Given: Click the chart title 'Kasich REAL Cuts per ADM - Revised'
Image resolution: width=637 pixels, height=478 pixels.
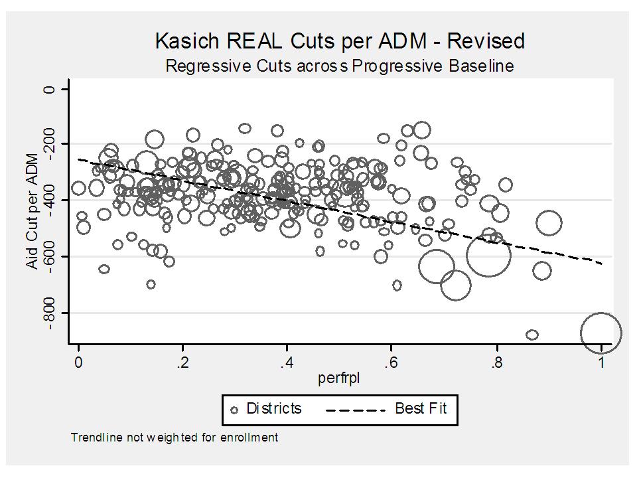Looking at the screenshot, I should pyautogui.click(x=340, y=41).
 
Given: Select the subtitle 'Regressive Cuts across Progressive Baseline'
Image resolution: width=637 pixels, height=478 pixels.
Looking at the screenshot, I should pyautogui.click(x=340, y=66).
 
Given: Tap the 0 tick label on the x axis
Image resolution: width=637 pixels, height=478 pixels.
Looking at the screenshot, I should pyautogui.click(x=78, y=362).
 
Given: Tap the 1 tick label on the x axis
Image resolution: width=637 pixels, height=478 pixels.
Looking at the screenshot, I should pyautogui.click(x=601, y=362).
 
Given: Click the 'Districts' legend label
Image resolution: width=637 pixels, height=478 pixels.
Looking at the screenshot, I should pyautogui.click(x=273, y=408).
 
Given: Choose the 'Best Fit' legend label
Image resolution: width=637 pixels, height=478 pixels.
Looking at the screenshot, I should pyautogui.click(x=421, y=408).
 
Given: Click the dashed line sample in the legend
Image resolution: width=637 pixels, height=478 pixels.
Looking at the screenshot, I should pyautogui.click(x=356, y=410).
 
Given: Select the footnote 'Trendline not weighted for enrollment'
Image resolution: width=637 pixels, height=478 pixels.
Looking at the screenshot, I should pyautogui.click(x=174, y=438).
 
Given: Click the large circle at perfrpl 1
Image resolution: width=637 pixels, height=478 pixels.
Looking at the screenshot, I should pyautogui.click(x=601, y=333).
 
